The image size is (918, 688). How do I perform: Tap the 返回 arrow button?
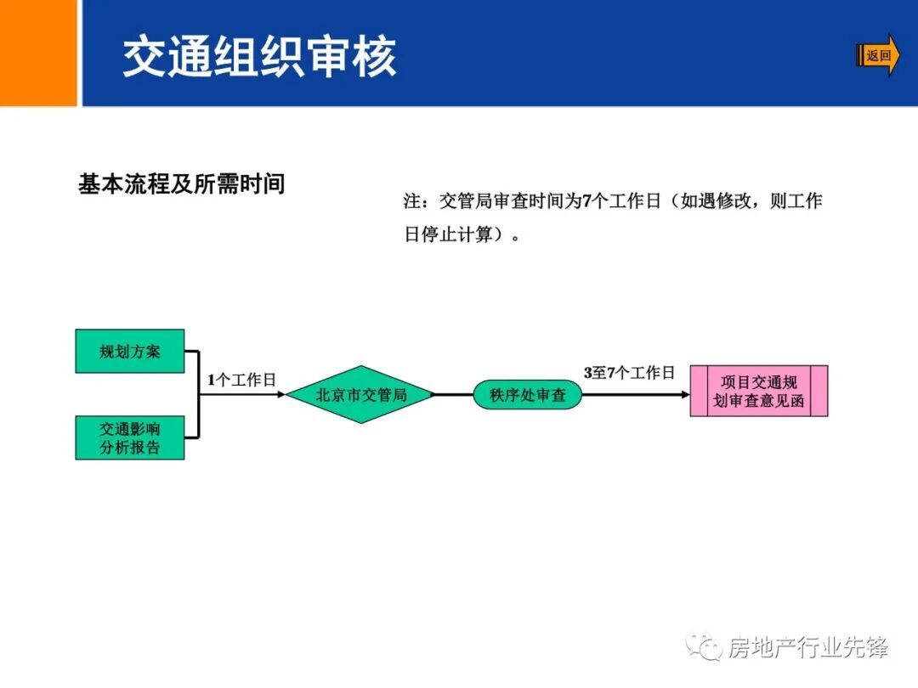[x=878, y=56]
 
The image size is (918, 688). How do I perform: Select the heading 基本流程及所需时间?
[x=181, y=184]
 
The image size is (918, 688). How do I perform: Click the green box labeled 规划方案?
[x=130, y=351]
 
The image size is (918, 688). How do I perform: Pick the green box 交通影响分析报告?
[x=130, y=437]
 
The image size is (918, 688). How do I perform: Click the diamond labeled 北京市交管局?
[x=360, y=395]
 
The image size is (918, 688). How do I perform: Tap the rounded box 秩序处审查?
[x=527, y=395]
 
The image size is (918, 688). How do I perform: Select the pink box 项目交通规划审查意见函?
[x=758, y=392]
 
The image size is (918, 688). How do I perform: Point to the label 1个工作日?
[x=241, y=381]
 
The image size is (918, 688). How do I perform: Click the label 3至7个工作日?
[x=628, y=373]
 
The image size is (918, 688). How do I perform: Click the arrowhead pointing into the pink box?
[x=684, y=395]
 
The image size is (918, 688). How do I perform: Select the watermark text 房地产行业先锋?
[x=808, y=648]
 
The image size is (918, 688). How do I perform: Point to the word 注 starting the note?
[x=412, y=201]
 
